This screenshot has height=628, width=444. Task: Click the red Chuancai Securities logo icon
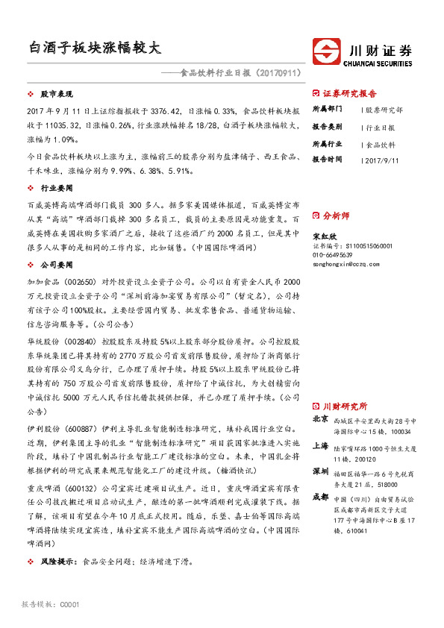pos(326,54)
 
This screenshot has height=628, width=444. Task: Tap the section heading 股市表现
pos(57,95)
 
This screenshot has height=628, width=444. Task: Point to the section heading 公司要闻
pos(57,264)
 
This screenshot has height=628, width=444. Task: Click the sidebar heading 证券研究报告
pos(350,94)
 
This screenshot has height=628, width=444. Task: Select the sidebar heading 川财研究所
pos(345,407)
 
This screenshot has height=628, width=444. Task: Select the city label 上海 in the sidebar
pos(320,446)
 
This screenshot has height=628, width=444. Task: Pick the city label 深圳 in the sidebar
pos(320,472)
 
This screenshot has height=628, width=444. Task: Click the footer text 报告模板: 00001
pos(51,604)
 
